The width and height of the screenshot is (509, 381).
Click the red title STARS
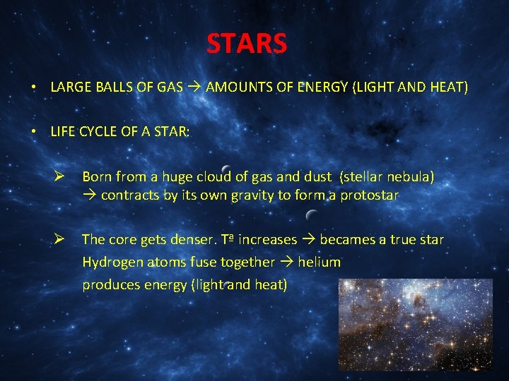247,44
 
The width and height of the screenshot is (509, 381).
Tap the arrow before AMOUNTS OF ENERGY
194,88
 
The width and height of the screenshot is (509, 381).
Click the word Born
97,176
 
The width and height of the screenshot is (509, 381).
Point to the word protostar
370,195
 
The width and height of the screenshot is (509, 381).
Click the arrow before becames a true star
308,240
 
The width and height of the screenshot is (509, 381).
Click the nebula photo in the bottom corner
415,325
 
